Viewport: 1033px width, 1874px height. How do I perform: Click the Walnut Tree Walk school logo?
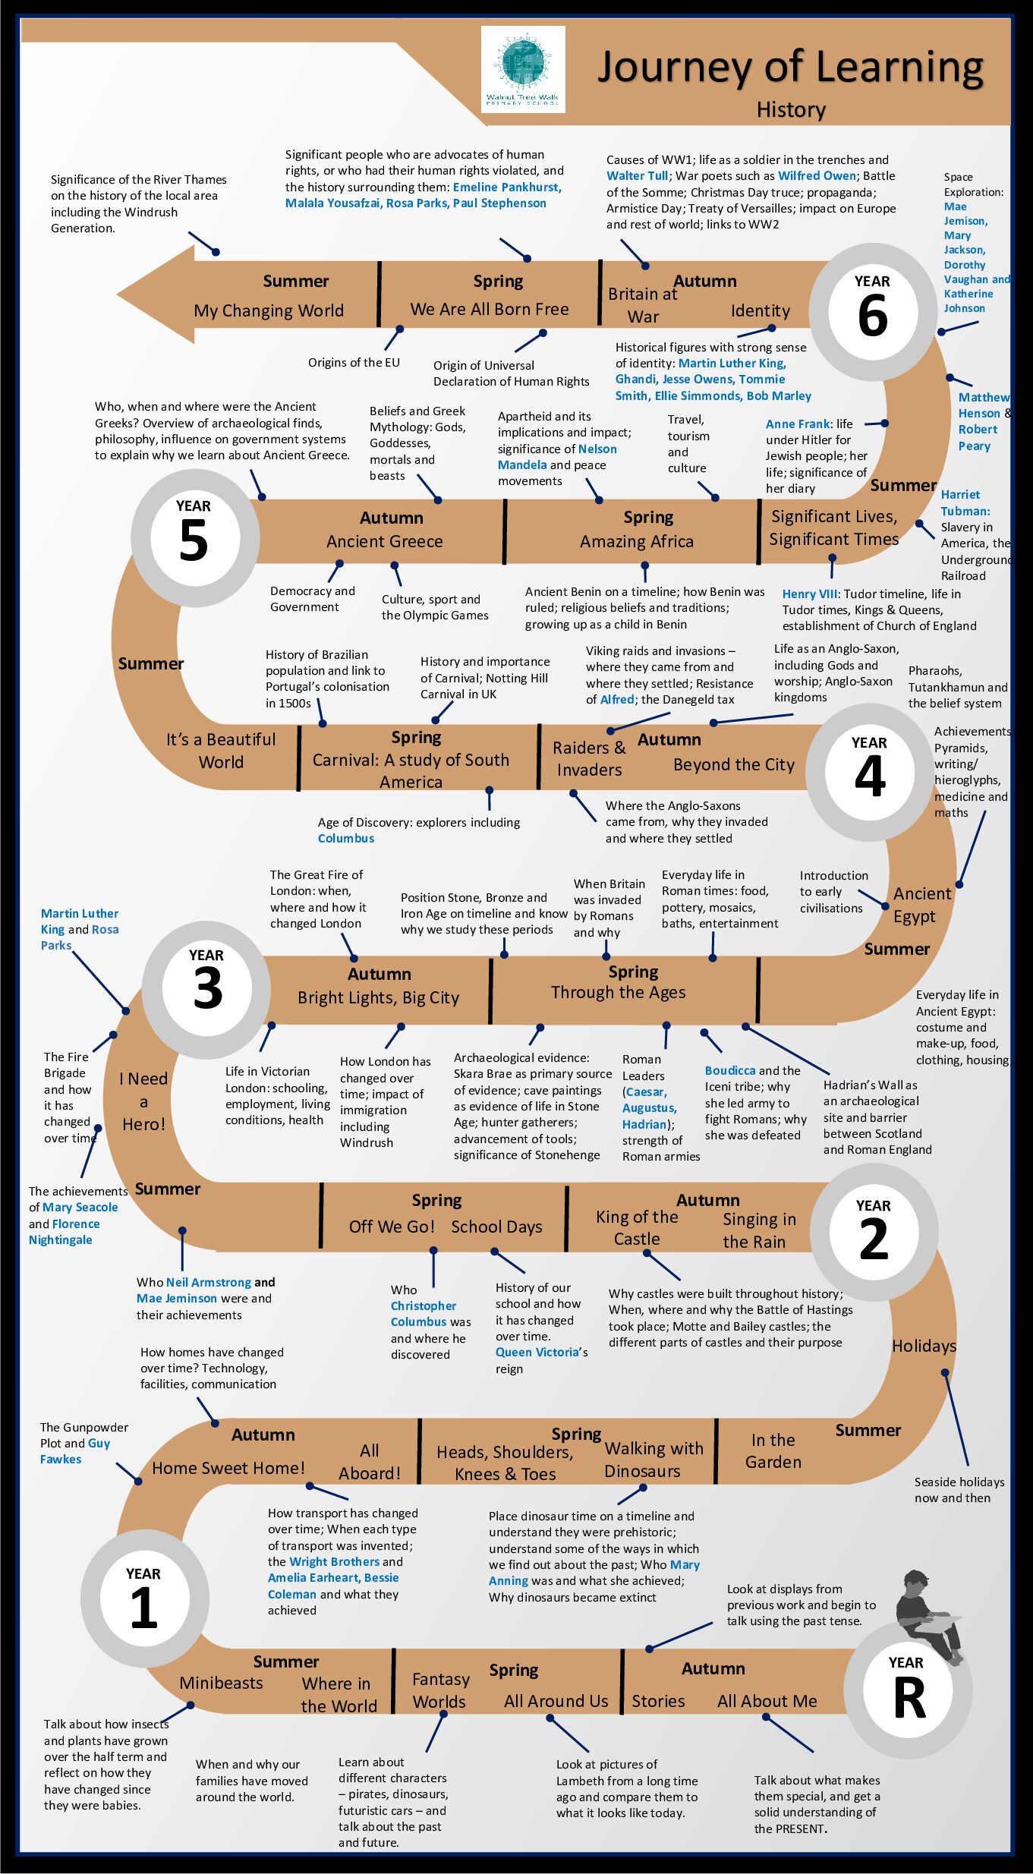523,69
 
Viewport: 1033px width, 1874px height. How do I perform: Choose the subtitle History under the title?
791,110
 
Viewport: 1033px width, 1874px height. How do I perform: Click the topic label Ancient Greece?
385,541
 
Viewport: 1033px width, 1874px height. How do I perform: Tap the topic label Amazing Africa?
637,541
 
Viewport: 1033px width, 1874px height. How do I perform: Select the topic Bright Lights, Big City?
379,997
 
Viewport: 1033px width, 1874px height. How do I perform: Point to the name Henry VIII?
810,594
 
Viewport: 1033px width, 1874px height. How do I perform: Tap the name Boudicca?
730,1070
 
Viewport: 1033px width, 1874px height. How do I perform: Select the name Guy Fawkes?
75,1451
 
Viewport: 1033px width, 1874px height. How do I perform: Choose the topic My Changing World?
269,310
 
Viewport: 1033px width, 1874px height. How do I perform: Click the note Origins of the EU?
354,362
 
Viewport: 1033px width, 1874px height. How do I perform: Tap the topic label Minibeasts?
221,1683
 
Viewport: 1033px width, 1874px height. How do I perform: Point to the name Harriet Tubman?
965,502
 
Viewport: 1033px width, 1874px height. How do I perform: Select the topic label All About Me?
767,1701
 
